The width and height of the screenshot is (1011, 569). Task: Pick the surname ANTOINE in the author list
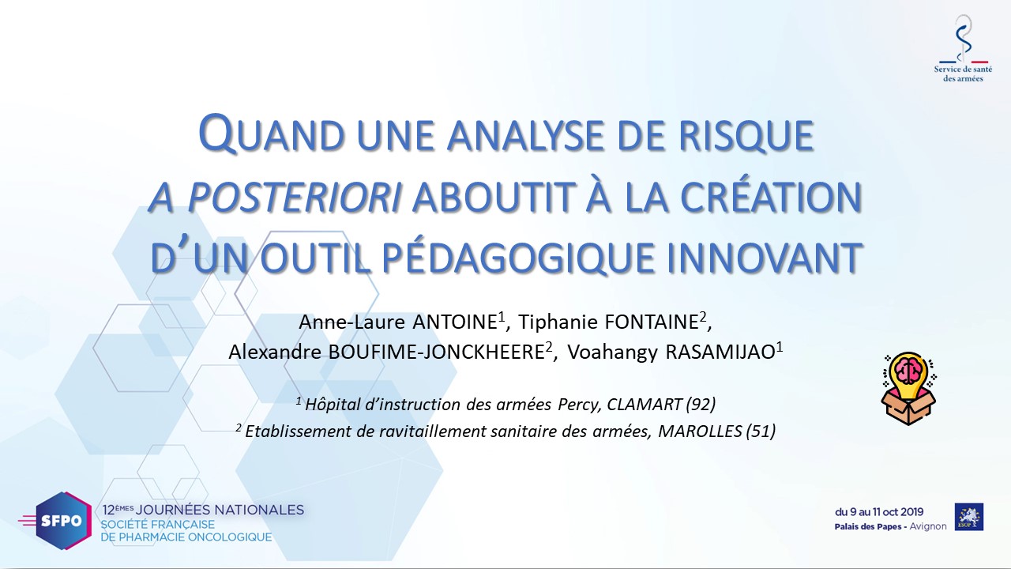pos(454,322)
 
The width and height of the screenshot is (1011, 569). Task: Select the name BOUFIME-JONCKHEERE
pos(436,352)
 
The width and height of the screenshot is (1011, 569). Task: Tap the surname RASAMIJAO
pos(720,352)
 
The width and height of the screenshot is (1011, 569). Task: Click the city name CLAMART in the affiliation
pos(644,404)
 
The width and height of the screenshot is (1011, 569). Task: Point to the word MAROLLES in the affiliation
pos(700,431)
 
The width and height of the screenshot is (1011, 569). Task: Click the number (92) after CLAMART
pos(701,404)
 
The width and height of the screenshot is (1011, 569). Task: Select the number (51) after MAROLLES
pos(761,431)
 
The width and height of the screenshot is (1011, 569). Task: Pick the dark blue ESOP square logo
pos(969,517)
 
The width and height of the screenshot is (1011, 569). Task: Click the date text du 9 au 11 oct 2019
pos(879,512)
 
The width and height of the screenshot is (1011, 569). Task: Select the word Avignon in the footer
pos(928,526)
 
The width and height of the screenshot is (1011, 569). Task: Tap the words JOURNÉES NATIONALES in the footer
pos(220,510)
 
